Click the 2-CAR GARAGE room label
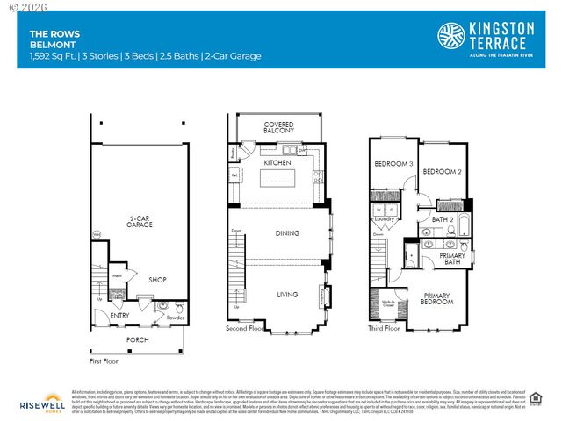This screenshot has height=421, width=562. (141, 221)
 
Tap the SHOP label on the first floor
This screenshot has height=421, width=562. (157, 281)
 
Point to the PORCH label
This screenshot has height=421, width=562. (137, 339)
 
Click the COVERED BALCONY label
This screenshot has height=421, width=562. (278, 128)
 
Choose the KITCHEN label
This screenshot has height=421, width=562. (278, 162)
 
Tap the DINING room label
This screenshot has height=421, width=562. (286, 233)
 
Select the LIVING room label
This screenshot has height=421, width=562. (286, 295)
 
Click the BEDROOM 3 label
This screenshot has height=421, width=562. (393, 164)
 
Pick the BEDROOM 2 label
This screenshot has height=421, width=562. (442, 171)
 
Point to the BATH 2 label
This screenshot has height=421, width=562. (442, 218)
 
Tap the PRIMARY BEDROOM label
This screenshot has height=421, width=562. (437, 298)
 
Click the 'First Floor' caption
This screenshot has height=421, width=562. (104, 360)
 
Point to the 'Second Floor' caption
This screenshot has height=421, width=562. (245, 329)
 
